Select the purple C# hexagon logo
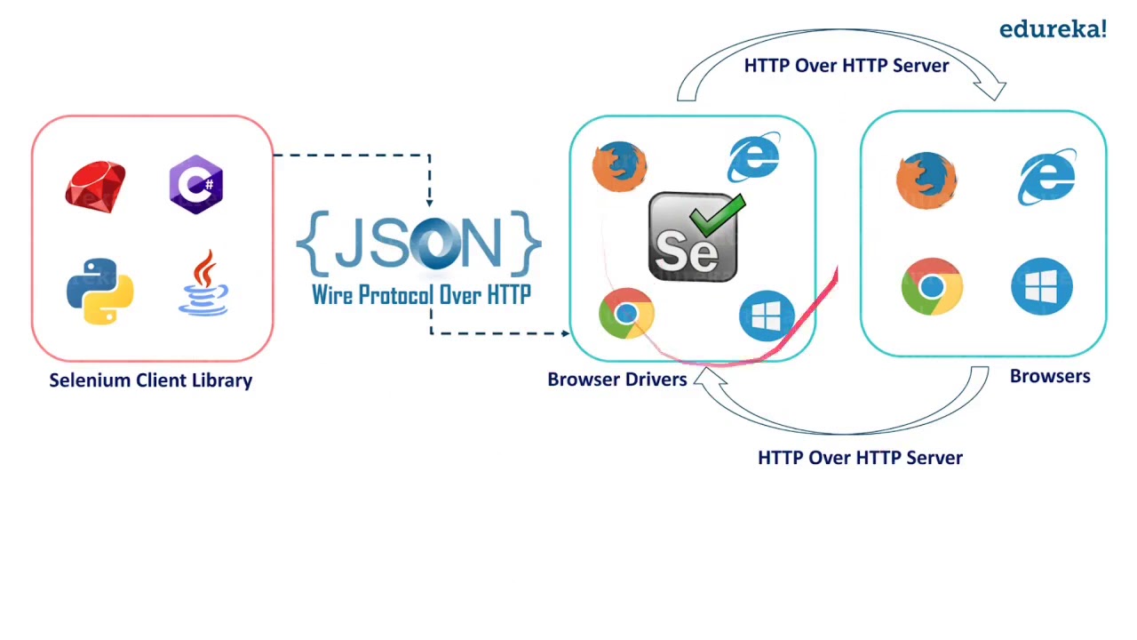pos(195,185)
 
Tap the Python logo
pos(99,291)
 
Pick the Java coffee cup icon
pos(203,283)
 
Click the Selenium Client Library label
pos(150,380)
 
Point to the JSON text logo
pos(418,243)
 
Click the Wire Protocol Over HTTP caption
pos(421,295)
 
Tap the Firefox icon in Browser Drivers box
pos(619,166)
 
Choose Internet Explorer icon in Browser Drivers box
pos(753,159)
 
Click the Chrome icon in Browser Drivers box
pos(626,314)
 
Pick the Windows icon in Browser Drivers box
pos(767,315)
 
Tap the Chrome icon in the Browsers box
pos(932,286)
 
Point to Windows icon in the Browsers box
pos(1042,286)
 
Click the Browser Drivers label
pos(617,380)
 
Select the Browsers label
pos(1050,376)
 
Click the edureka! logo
pos(1053,29)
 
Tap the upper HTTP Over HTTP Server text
pos(846,66)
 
